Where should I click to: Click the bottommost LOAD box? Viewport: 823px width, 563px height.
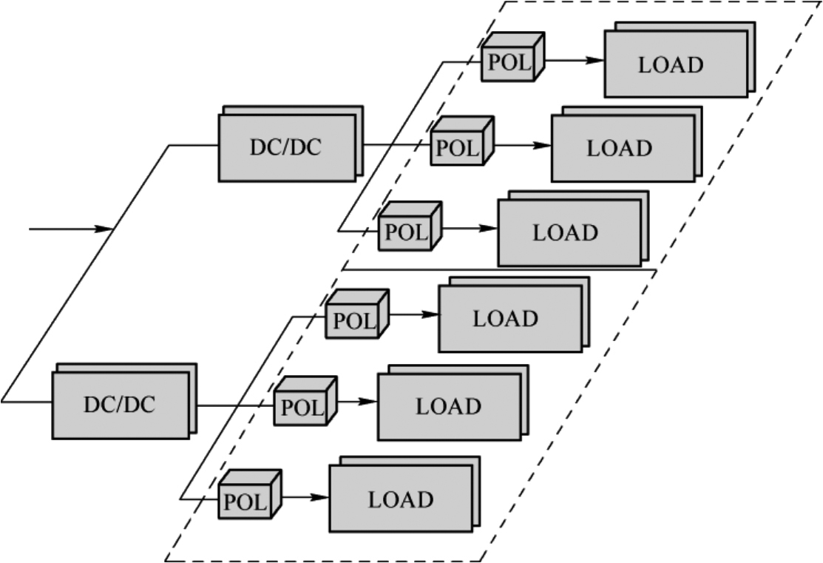400,499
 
